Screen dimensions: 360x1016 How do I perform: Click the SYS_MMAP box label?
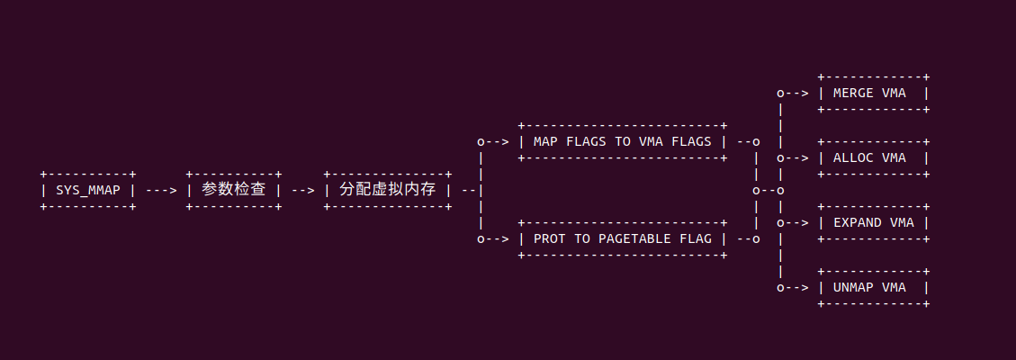click(x=88, y=190)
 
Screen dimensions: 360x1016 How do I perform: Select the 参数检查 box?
click(x=233, y=190)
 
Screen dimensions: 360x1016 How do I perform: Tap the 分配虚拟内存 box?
click(x=387, y=190)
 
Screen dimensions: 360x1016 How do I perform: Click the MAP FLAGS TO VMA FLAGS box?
click(x=622, y=141)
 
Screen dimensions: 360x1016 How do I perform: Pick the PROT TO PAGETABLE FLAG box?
click(x=622, y=238)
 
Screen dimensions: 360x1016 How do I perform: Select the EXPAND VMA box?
click(x=873, y=222)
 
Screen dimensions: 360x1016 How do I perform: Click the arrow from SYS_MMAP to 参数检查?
click(x=160, y=190)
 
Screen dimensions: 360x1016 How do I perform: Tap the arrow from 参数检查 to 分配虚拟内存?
click(x=301, y=190)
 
